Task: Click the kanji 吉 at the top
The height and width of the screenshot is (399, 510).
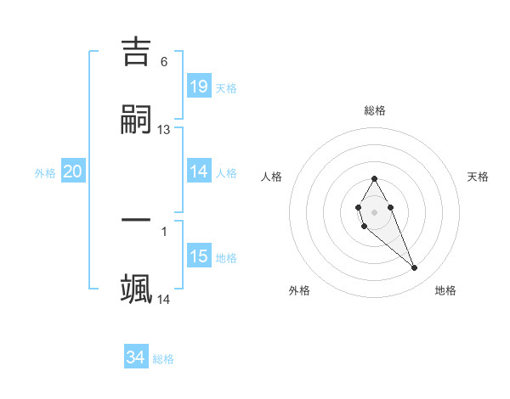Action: click(x=137, y=53)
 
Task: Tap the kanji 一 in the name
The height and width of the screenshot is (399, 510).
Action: click(x=137, y=221)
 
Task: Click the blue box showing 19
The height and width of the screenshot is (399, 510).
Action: click(x=198, y=86)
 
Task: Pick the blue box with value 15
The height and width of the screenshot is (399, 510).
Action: click(x=198, y=256)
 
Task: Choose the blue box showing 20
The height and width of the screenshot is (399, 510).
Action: click(x=72, y=171)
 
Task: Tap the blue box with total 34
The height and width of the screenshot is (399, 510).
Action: click(x=135, y=357)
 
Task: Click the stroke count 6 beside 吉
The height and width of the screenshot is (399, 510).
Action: click(x=164, y=61)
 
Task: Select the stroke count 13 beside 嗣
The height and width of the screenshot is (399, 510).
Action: click(x=164, y=130)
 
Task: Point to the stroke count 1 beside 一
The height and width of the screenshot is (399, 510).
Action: click(x=164, y=231)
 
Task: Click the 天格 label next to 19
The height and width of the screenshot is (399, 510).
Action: click(x=226, y=87)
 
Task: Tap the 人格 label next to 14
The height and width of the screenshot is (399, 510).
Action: click(x=226, y=173)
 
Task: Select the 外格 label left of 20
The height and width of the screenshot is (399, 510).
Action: click(x=45, y=173)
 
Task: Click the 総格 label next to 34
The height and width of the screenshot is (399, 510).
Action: click(x=163, y=359)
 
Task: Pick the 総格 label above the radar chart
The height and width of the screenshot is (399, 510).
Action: click(x=374, y=110)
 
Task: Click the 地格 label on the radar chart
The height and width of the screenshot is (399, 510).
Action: click(x=445, y=290)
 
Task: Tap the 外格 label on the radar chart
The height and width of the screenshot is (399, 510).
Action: click(x=299, y=290)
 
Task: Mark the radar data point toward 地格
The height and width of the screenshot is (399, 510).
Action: click(x=415, y=268)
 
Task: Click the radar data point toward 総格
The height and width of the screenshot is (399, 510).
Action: click(x=374, y=178)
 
